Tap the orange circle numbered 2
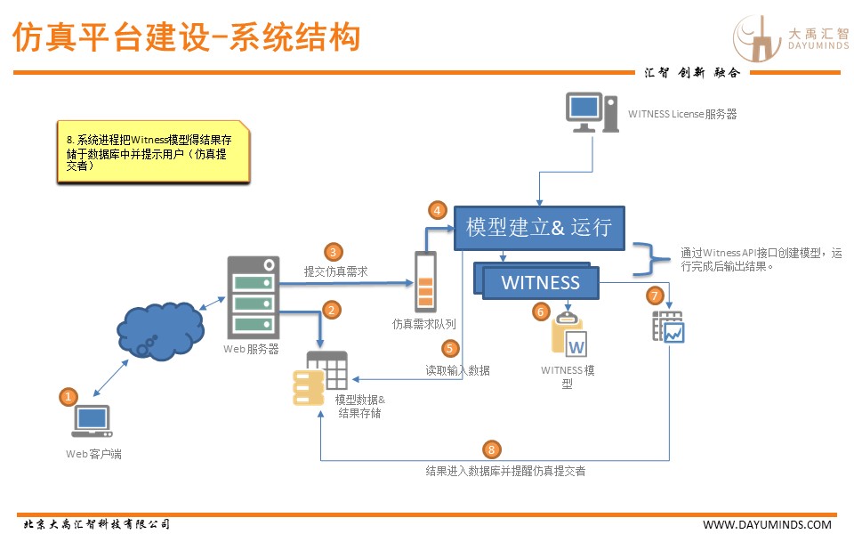pyautogui.click(x=332, y=310)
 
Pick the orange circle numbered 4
pyautogui.click(x=437, y=210)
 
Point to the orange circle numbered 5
pyautogui.click(x=451, y=350)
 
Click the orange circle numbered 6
pyautogui.click(x=540, y=311)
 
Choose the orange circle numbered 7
pyautogui.click(x=656, y=295)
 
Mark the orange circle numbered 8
pyautogui.click(x=492, y=449)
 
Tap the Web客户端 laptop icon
pyautogui.click(x=93, y=423)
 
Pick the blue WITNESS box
pyautogui.click(x=541, y=283)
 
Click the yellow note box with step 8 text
pyautogui.click(x=152, y=152)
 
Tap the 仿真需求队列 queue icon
pyautogui.click(x=426, y=282)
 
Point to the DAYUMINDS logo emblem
pyautogui.click(x=757, y=40)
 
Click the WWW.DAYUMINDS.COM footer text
pyautogui.click(x=767, y=524)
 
